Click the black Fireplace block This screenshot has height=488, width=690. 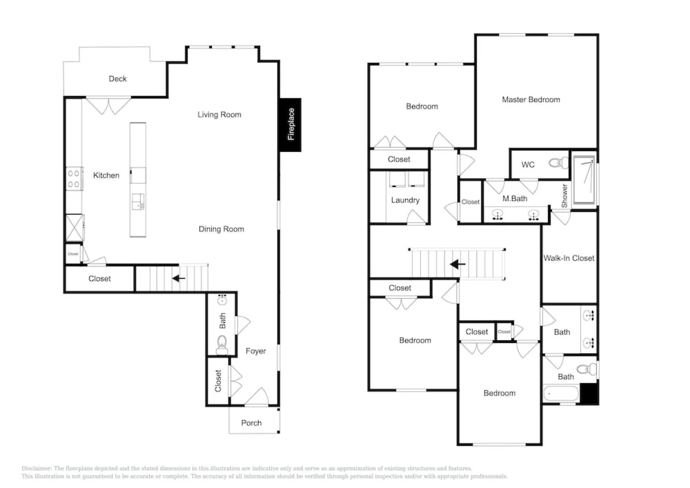coord(290,124)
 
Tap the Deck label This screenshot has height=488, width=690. coord(117,79)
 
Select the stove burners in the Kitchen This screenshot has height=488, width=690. coord(74,178)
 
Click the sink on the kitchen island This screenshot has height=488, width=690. coord(138,202)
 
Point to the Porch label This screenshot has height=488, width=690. coord(251,423)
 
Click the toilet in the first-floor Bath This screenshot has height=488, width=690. coord(222,344)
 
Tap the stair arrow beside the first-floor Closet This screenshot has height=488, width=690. coord(179,278)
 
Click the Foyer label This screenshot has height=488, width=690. coord(256,351)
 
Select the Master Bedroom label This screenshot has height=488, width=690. coord(531,99)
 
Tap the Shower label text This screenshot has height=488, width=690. coord(564,196)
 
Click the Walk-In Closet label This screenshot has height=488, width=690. coord(569,258)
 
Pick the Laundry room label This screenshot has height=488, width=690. coord(405,200)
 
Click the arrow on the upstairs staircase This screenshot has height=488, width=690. coord(458,264)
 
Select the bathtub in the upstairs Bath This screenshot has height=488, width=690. coord(560,394)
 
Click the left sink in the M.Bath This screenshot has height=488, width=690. coord(498,215)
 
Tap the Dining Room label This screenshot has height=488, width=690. coord(221,229)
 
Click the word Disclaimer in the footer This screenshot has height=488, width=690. coord(36,469)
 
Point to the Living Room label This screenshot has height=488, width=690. coord(219,115)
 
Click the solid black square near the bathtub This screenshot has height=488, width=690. coord(589,394)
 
